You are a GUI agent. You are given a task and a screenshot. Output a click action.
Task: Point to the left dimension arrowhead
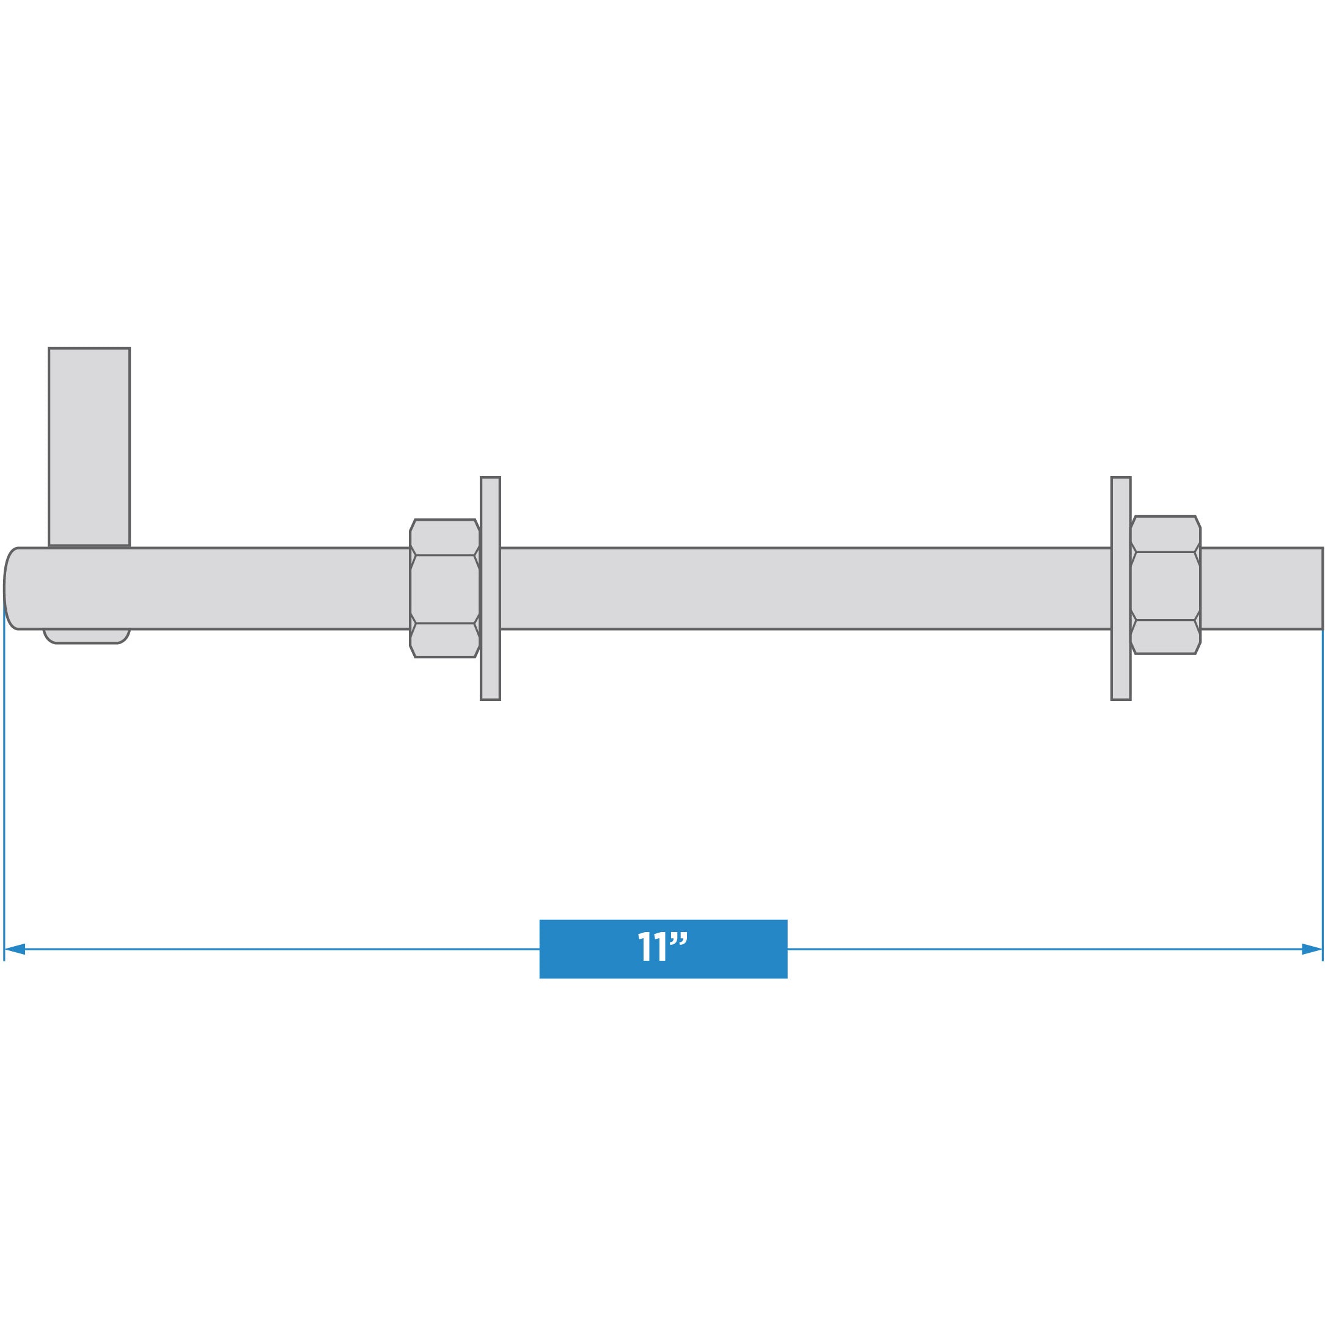[x=15, y=949]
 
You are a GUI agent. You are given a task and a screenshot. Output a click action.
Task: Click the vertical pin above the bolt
[x=89, y=446]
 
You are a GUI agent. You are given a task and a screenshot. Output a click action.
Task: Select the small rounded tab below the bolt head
[x=86, y=636]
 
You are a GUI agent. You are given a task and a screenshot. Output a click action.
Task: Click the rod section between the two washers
[x=802, y=588]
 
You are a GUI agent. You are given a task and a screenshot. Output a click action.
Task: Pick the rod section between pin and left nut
[x=268, y=588]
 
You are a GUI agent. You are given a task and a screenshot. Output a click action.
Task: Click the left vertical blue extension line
[x=4, y=788]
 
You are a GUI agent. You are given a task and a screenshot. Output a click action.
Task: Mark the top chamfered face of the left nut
[x=444, y=537]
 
